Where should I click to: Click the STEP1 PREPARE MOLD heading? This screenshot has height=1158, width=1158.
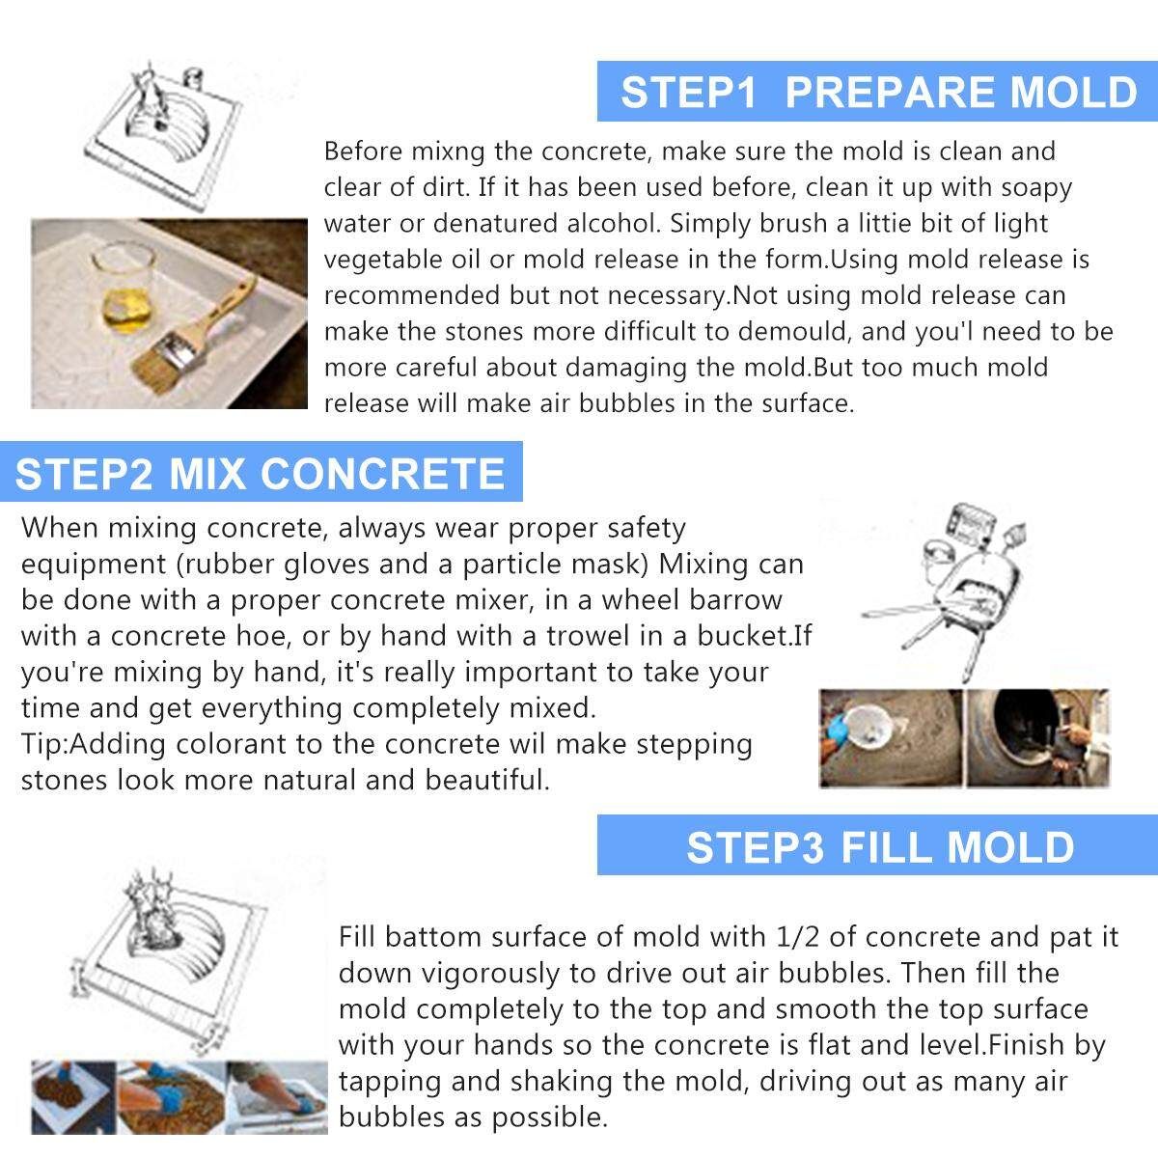(x=878, y=92)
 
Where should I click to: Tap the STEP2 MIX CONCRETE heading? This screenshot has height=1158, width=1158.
(x=260, y=474)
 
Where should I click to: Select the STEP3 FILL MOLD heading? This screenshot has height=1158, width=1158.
(x=880, y=847)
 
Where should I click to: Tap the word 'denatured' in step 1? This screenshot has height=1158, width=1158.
(x=494, y=223)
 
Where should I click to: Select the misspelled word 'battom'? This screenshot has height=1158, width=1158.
(x=432, y=937)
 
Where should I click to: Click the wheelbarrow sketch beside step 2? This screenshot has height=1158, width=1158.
(x=945, y=591)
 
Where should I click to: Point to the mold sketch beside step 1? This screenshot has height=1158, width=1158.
(x=163, y=136)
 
